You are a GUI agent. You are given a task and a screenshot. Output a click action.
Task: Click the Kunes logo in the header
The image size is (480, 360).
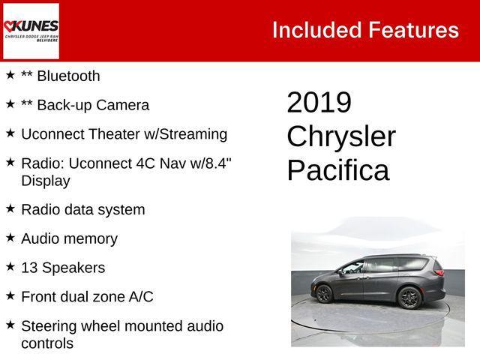click(31, 31)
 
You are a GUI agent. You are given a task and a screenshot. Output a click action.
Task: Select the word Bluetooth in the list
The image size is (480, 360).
click(68, 76)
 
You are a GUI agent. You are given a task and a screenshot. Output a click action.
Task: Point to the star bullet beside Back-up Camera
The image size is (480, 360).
click(10, 104)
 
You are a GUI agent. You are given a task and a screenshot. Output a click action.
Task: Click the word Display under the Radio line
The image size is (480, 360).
click(46, 181)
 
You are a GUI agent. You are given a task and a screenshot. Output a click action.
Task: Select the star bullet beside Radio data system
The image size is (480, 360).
click(10, 208)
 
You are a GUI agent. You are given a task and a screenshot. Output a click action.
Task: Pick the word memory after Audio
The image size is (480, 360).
click(90, 238)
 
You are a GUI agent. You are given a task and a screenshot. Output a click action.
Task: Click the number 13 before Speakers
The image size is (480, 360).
click(29, 268)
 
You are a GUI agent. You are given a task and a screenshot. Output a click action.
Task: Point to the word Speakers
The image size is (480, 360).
click(73, 268)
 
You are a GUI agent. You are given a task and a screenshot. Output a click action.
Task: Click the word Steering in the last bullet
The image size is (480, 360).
click(49, 325)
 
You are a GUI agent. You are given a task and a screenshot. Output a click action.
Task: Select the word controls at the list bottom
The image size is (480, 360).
click(47, 343)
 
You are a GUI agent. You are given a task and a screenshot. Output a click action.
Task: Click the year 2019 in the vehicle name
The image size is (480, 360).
click(319, 103)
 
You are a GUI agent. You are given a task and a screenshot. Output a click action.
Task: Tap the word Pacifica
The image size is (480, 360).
click(337, 170)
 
